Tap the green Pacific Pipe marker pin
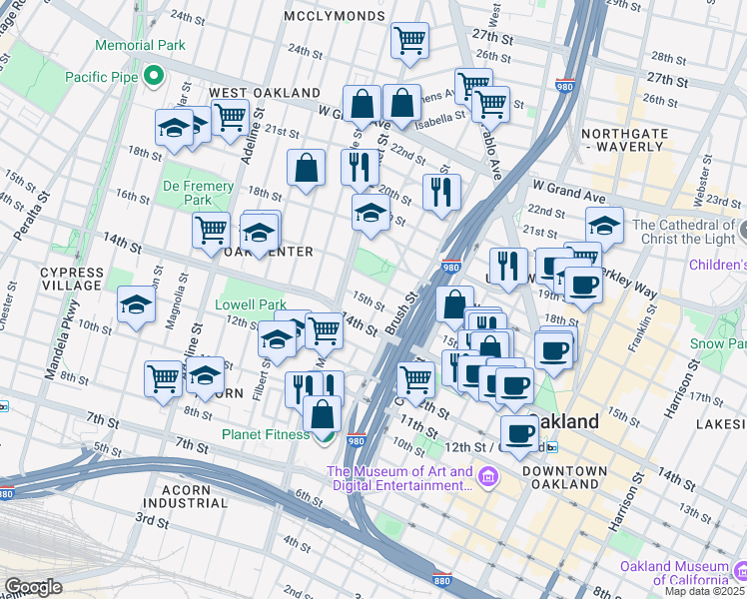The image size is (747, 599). [x=153, y=75]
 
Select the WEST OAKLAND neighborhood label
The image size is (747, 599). [x=264, y=93]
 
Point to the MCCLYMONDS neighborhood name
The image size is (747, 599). [x=334, y=16]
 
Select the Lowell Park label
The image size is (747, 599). [x=251, y=304]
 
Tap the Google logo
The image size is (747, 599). [x=33, y=587]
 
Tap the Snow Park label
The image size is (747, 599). [x=718, y=343]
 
